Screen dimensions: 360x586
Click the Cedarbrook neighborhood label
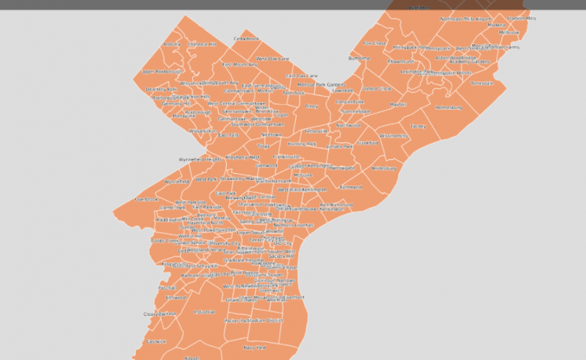[246, 39]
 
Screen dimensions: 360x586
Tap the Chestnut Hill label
[202, 44]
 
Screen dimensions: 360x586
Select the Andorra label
[172, 45]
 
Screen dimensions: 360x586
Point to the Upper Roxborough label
[162, 71]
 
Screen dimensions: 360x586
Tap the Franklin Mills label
[521, 19]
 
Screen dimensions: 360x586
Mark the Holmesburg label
[448, 108]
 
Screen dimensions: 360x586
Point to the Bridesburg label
[385, 168]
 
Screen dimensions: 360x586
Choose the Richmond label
[350, 187]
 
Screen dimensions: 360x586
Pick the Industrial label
[204, 312]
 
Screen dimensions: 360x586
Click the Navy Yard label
[254, 348]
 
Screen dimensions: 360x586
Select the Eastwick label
[156, 341]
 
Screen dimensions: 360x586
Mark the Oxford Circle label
[376, 89]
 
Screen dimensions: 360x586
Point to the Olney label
[312, 106]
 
